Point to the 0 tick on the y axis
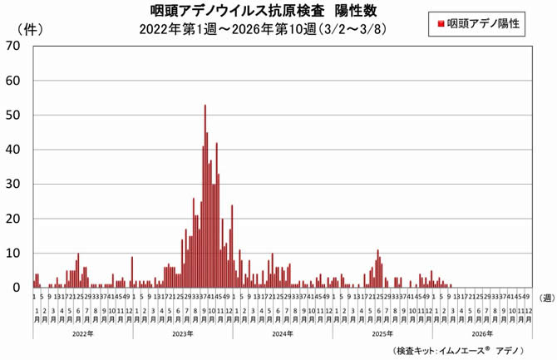pos(17,288)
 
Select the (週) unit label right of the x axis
pos(546,296)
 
